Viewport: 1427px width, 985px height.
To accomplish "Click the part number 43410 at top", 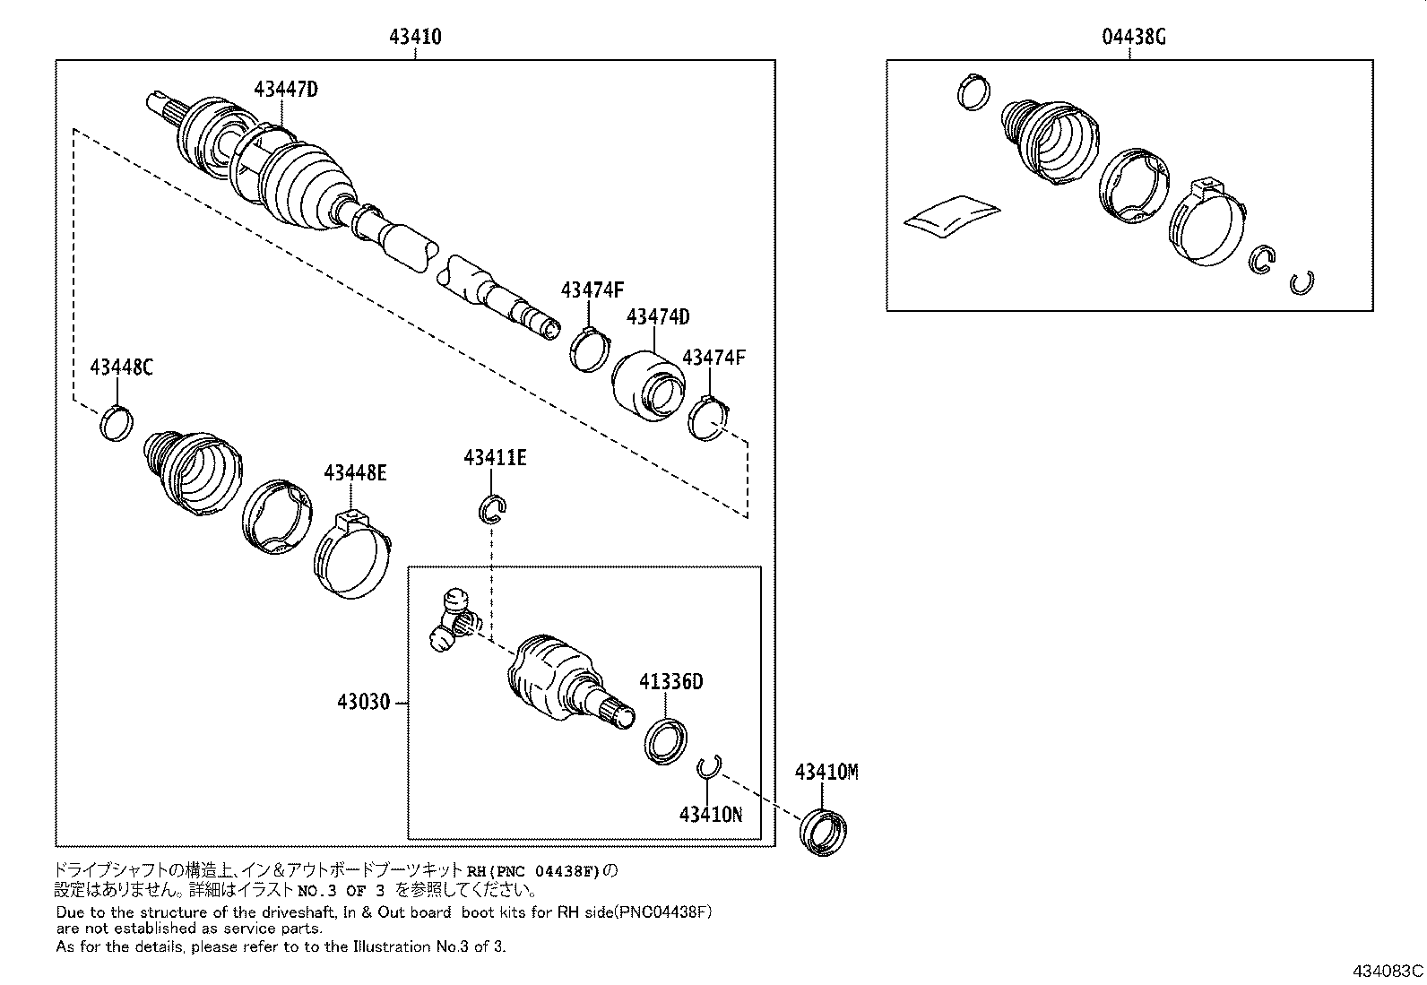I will pyautogui.click(x=415, y=38).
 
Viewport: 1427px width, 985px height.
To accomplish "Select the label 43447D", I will pyautogui.click(x=286, y=90).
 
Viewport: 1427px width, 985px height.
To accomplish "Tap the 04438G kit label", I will pyautogui.click(x=1133, y=38).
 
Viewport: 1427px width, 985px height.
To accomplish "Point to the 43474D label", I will pyautogui.click(x=658, y=317).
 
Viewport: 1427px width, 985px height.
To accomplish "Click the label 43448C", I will pyautogui.click(x=121, y=367).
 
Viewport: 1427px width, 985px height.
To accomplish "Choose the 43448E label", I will pyautogui.click(x=355, y=472).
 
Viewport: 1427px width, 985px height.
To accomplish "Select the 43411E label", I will pyautogui.click(x=495, y=458).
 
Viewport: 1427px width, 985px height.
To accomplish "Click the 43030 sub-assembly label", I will pyautogui.click(x=364, y=702).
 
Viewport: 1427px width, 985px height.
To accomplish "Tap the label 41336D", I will pyautogui.click(x=670, y=682).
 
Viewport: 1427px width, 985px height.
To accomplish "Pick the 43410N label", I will pyautogui.click(x=710, y=814).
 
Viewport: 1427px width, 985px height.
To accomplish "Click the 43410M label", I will pyautogui.click(x=826, y=773).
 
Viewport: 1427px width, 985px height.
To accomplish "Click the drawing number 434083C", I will pyautogui.click(x=1388, y=971).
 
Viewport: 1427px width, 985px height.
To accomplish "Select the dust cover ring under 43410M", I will pyautogui.click(x=825, y=832).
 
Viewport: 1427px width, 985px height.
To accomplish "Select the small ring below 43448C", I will pyautogui.click(x=116, y=423).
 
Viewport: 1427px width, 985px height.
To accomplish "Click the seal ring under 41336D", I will pyautogui.click(x=667, y=740).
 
